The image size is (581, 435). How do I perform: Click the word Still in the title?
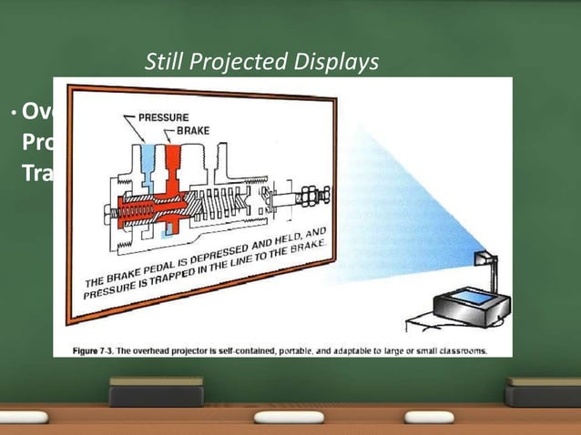[165, 63]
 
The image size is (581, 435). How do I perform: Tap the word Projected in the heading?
[241, 63]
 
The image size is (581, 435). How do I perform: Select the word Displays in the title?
[338, 63]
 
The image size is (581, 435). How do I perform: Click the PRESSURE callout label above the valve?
[163, 117]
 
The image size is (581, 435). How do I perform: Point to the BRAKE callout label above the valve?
[192, 131]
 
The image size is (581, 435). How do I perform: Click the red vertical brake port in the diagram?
[174, 164]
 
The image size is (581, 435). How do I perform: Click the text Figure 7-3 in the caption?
[98, 349]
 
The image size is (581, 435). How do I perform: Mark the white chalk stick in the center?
[290, 417]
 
